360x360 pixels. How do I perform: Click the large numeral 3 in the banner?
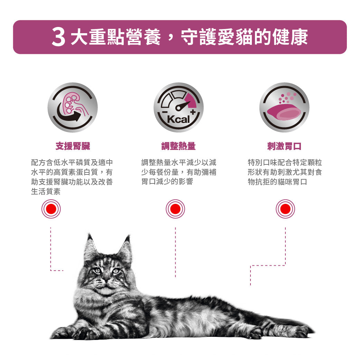pos(58,37)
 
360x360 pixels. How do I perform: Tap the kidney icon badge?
pos(73,107)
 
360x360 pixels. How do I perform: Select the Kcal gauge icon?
pos(178,107)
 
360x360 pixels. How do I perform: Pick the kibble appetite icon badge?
pos(284,107)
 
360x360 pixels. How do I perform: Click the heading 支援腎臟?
pos(73,146)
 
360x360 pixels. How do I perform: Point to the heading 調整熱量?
pos(178,146)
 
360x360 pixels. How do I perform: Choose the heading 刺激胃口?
pos(284,146)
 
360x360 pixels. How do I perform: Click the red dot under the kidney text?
pos(51,209)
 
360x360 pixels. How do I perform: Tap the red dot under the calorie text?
pos(176,209)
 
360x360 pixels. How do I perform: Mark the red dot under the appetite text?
pos(285,209)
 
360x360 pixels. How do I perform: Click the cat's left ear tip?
pos(89,234)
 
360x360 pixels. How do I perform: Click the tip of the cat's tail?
pos(314,331)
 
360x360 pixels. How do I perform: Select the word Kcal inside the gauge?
pos(178,120)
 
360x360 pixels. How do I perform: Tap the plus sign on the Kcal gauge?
pos(193,112)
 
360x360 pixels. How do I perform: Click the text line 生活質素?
pos(46,191)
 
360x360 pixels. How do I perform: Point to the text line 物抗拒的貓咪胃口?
pos(277,182)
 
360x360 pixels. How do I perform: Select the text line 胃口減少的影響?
pos(167,181)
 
